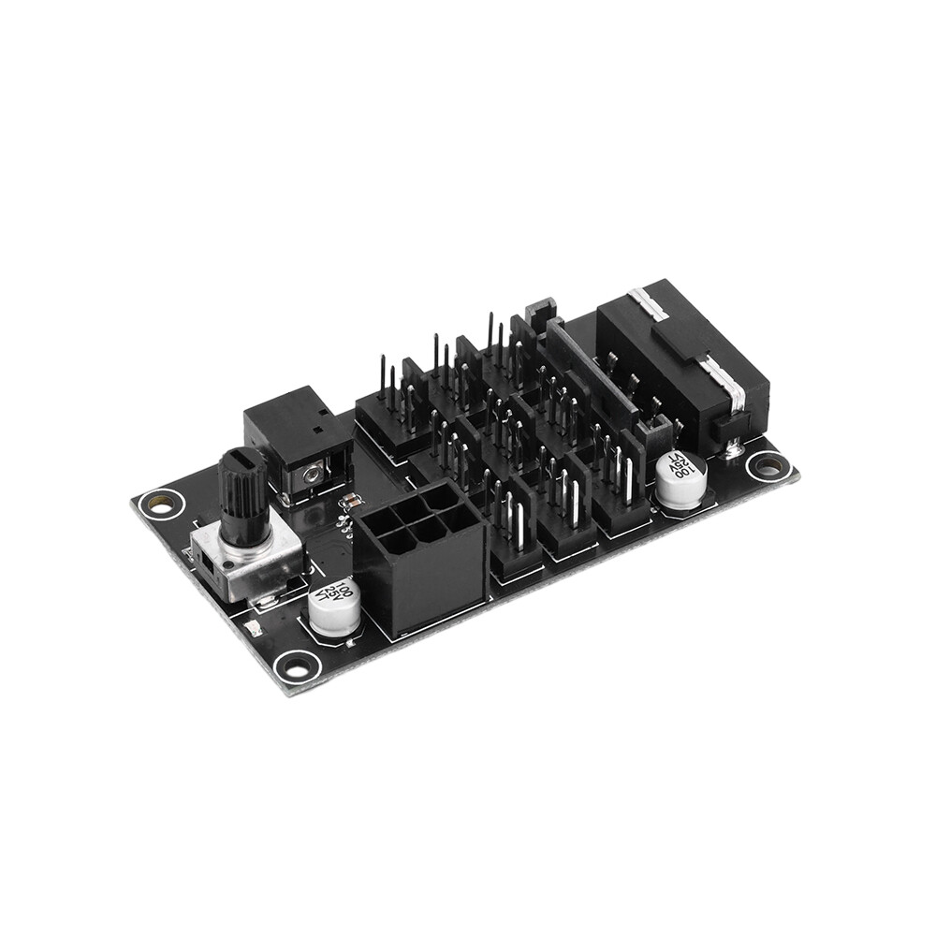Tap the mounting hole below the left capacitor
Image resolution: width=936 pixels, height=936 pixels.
pos(297,666)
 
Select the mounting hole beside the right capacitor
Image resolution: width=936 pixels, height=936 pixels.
pos(768,464)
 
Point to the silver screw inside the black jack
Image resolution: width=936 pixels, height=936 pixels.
pos(310,475)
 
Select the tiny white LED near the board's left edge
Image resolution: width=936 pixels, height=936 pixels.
pos(250,626)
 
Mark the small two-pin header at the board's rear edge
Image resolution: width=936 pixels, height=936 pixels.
pos(539,312)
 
